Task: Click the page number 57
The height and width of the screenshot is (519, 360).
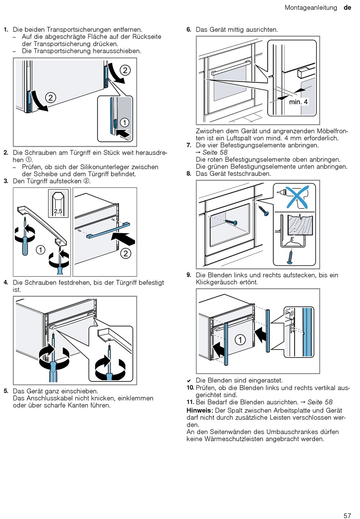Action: point(347,515)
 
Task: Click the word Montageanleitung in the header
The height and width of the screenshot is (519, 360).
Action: point(311,8)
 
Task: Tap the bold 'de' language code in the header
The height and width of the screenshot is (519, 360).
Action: point(347,8)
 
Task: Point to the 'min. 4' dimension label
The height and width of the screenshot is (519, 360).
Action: point(298,102)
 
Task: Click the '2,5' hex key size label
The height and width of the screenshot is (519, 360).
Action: point(58,211)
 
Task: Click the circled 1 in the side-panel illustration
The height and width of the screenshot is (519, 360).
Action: point(240,340)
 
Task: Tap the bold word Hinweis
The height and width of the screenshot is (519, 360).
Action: point(199,410)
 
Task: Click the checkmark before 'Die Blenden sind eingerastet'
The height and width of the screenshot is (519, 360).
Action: point(189,381)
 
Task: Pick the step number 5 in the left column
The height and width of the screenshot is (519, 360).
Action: point(6,391)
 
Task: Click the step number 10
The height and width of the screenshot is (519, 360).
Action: point(190,387)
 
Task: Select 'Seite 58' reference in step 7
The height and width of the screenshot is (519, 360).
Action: point(215,152)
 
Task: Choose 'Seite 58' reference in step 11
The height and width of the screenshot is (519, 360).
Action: point(320,402)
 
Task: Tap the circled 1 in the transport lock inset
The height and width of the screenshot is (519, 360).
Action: point(124,122)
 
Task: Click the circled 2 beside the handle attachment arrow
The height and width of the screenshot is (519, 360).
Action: point(126,253)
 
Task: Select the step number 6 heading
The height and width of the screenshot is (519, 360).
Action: point(189,30)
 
